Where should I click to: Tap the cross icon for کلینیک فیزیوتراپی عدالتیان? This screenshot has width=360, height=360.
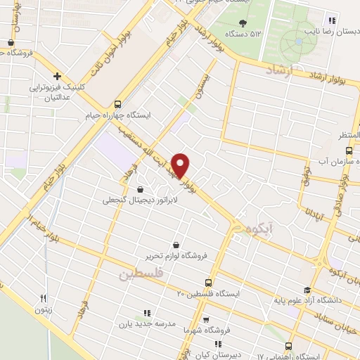click(x=58, y=76)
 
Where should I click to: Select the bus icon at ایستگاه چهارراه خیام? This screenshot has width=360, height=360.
click(x=117, y=103)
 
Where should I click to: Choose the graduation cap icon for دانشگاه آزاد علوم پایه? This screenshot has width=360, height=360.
click(x=307, y=290)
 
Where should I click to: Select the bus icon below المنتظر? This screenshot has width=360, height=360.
click(x=349, y=150)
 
